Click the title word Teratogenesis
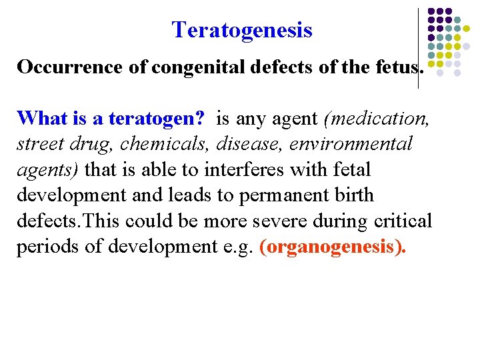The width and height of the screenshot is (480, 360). (x=241, y=30)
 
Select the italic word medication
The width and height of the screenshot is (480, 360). (x=375, y=119)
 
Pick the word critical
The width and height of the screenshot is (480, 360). (x=401, y=221)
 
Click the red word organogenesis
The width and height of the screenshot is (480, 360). (x=330, y=248)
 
